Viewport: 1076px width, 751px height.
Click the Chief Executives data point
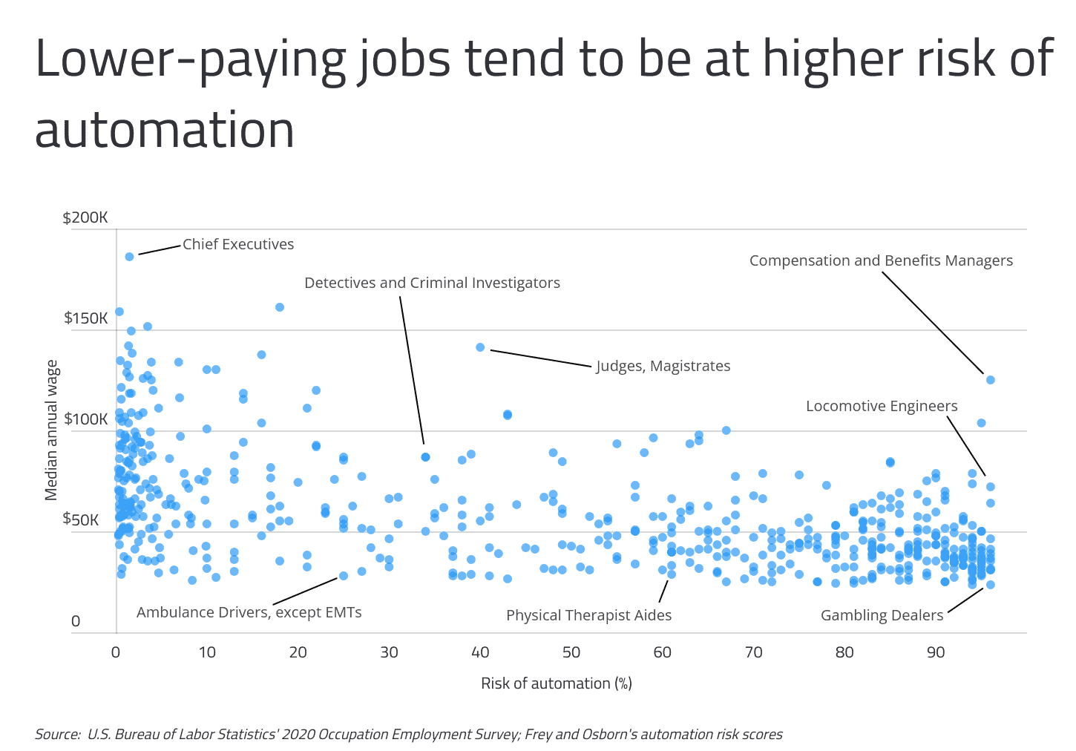pos(129,257)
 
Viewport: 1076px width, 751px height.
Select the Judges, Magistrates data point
pos(480,347)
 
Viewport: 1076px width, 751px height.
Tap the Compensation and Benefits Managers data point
pos(990,380)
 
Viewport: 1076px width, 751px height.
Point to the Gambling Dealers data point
pos(990,585)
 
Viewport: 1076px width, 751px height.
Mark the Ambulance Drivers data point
pos(344,576)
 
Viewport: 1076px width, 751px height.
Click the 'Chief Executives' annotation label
pos(238,244)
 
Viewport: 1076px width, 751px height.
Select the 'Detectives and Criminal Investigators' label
pos(432,283)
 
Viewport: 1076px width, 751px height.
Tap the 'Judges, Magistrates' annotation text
pos(663,366)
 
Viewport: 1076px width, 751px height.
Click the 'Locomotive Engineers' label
pos(882,406)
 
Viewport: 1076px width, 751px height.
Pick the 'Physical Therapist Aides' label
pos(588,615)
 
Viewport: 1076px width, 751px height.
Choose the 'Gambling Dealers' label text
pos(882,615)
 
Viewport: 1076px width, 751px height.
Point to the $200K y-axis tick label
pos(85,217)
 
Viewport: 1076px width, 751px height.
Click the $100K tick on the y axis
pos(85,419)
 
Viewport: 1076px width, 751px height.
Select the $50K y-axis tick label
pos(81,519)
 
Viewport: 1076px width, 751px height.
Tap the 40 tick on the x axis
pos(480,652)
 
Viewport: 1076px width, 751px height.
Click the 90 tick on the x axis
pos(936,652)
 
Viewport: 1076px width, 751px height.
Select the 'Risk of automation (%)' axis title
pos(557,683)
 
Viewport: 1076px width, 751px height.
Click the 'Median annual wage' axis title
pos(52,430)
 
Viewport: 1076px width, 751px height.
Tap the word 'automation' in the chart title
pos(165,130)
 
